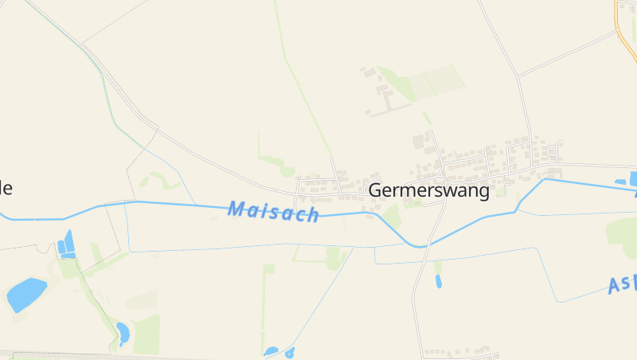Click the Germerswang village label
pos(428,191)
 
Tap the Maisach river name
pos(273,212)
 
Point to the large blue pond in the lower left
pos(26,294)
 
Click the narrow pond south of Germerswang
pos(438,280)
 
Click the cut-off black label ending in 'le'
pos(6,188)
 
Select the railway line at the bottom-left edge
pos(48,354)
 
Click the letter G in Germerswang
pos(376,191)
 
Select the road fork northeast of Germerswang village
pos(518,76)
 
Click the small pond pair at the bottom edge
pos(279,351)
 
